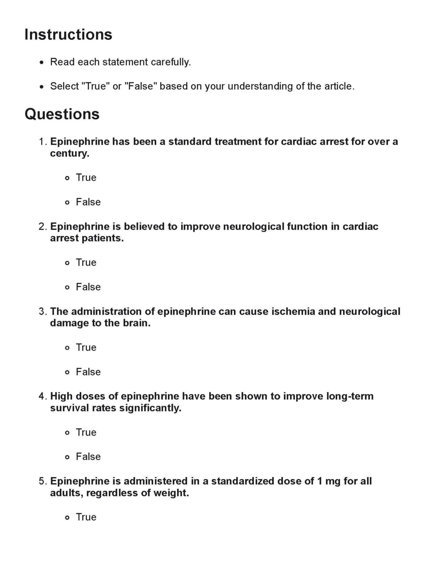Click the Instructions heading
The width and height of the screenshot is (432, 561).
point(68,34)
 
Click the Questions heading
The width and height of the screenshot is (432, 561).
point(62,114)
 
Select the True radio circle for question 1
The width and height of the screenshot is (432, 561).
point(67,178)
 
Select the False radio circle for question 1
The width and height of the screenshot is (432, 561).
point(67,203)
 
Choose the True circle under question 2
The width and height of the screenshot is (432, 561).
point(67,263)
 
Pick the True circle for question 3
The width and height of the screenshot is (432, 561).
point(67,348)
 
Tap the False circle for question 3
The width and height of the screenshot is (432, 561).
point(67,372)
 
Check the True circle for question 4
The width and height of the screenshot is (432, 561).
point(67,433)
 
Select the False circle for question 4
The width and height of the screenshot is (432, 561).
point(67,457)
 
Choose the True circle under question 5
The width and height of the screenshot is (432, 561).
point(67,518)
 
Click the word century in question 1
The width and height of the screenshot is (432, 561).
point(69,154)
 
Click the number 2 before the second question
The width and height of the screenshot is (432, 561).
point(42,227)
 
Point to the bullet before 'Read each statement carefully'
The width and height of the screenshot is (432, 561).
point(42,63)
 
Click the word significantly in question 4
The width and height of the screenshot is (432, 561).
point(150,408)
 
